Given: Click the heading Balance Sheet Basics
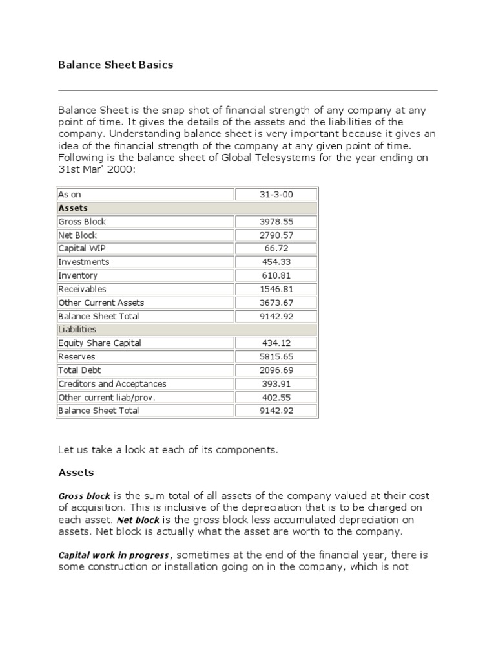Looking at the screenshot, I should coord(116,65).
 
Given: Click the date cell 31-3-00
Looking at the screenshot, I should coord(276,195).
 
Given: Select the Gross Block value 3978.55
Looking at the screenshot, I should coord(276,222).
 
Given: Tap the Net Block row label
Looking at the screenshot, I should coord(77,235).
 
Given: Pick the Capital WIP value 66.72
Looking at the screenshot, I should coord(276,248).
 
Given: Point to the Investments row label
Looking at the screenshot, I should coord(84,262).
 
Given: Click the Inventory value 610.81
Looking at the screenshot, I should coord(276,275).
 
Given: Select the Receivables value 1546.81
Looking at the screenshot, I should coord(276,289).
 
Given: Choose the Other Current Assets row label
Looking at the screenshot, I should coord(101,303).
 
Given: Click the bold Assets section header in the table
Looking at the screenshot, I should coord(73,208).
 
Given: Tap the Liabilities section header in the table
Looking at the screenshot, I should coord(77,329).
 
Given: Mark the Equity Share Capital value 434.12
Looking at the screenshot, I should coord(276,343).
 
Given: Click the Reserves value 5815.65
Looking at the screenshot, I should coord(276,357).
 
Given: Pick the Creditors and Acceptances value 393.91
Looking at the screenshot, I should coord(276,383).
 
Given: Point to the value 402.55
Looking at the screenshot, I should coord(276,397).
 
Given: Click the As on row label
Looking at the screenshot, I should coord(70,195).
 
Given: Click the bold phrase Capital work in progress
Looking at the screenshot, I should coord(114,555).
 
